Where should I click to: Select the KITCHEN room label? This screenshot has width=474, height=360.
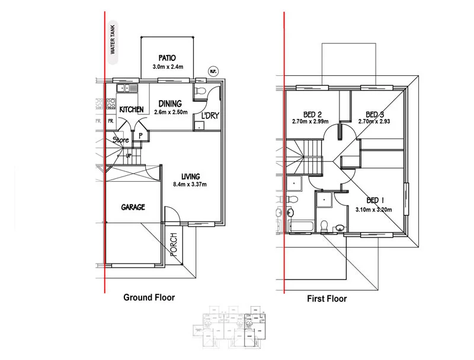(132, 110)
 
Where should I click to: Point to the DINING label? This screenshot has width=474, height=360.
(170, 104)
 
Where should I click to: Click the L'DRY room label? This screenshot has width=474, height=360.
(210, 115)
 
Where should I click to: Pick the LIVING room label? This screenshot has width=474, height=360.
(191, 176)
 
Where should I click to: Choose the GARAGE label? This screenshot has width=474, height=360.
(133, 207)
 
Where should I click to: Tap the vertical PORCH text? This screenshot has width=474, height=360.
(174, 244)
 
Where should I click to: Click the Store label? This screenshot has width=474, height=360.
(121, 140)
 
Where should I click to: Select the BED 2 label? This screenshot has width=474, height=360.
(311, 114)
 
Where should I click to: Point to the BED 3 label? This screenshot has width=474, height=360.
(375, 114)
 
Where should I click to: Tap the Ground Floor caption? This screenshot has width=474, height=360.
(149, 297)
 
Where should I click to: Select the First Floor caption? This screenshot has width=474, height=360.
(326, 298)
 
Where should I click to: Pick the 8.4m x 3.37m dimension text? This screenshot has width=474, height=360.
(191, 184)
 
